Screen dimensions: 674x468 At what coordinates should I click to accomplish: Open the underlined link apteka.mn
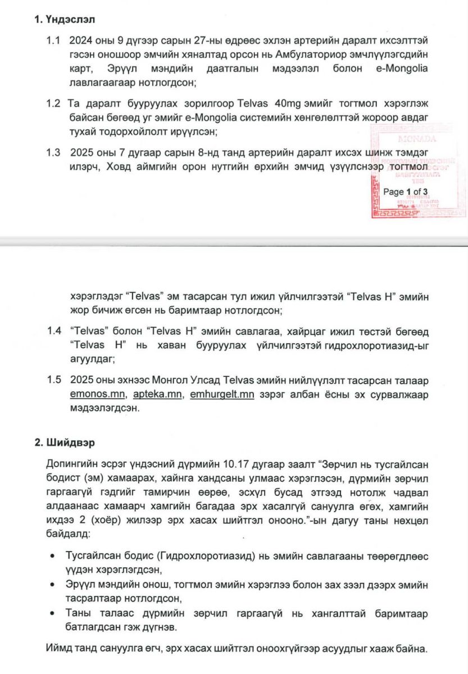[x=158, y=395]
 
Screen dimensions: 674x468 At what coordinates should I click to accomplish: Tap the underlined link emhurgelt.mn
[x=222, y=395]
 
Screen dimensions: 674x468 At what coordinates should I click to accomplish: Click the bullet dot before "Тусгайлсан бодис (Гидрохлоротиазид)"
[x=52, y=556]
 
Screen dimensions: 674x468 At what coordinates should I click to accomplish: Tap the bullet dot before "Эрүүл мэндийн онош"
[x=52, y=584]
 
